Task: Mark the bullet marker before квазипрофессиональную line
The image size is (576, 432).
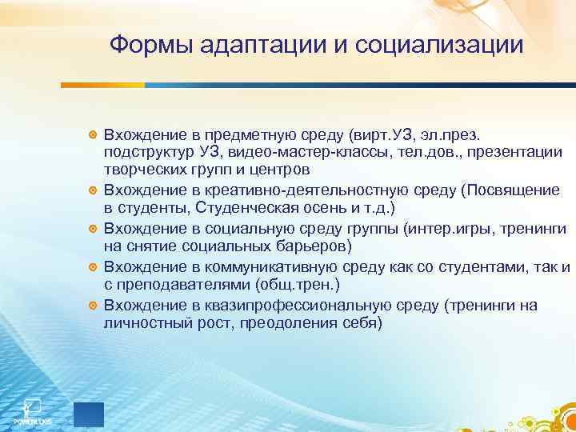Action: coord(94,306)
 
